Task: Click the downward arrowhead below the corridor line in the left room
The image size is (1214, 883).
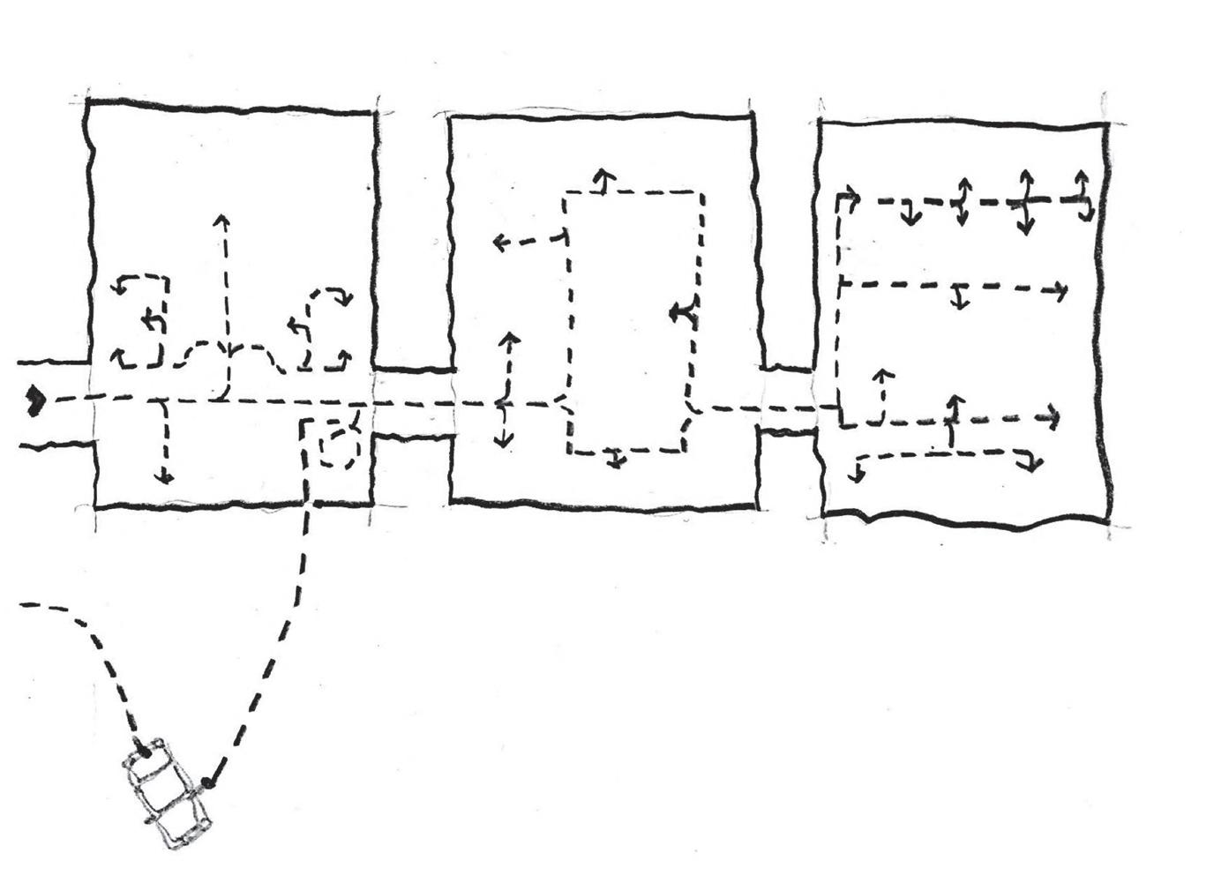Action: [x=163, y=477]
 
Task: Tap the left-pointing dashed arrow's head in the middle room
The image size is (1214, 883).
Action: [x=499, y=241]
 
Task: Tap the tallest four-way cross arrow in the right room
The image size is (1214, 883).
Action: [x=1025, y=201]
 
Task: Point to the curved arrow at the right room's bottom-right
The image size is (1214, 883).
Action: [x=1029, y=460]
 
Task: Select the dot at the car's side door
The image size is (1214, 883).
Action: [x=207, y=782]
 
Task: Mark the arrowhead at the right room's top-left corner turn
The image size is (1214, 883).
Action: [x=852, y=195]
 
